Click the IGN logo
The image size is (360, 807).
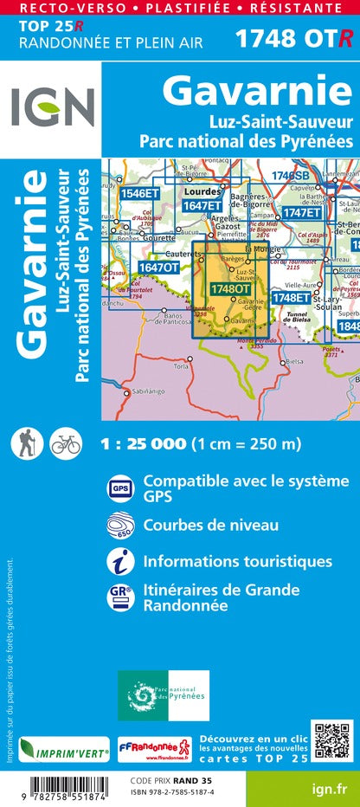pyautogui.click(x=52, y=107)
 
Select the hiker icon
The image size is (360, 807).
pyautogui.click(x=23, y=443)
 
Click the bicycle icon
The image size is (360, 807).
pyautogui.click(x=65, y=443)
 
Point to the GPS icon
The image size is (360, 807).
pyautogui.click(x=119, y=488)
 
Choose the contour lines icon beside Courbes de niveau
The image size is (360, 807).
pyautogui.click(x=119, y=526)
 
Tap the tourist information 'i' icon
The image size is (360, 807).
pyautogui.click(x=119, y=562)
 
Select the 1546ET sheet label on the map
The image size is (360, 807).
pyautogui.click(x=140, y=194)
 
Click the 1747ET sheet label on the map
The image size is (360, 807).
pyautogui.click(x=301, y=212)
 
